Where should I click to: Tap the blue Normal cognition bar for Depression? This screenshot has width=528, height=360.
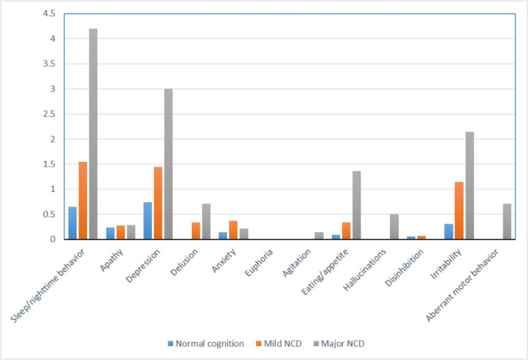coord(148,220)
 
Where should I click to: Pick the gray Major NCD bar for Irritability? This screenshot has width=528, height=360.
coord(469,185)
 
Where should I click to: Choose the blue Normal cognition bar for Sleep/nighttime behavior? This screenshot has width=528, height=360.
coord(72,223)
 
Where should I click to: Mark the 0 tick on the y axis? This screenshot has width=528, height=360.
coord(52,239)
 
